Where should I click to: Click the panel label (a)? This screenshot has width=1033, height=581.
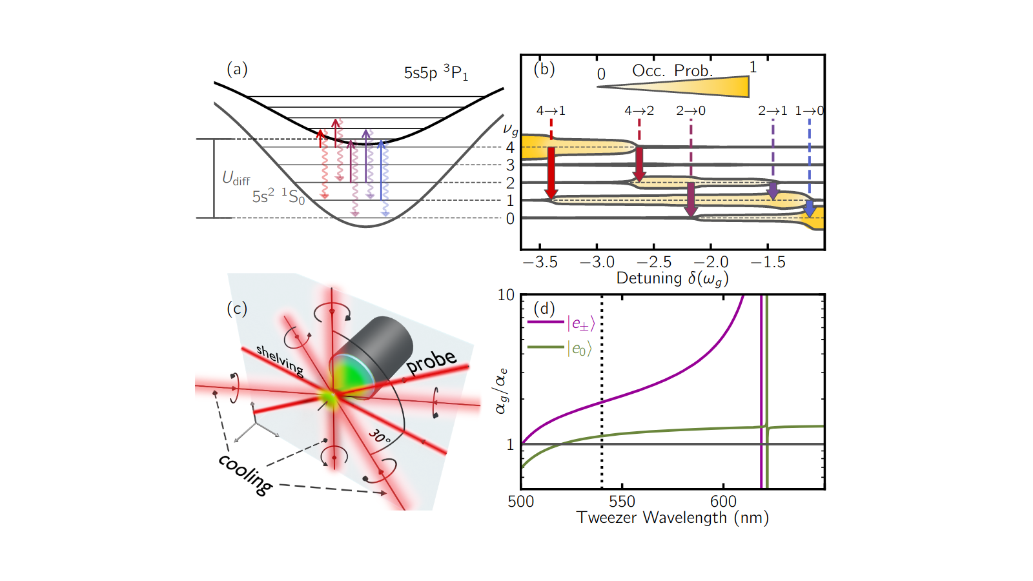pyautogui.click(x=237, y=69)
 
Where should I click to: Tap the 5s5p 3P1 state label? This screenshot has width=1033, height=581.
pyautogui.click(x=436, y=72)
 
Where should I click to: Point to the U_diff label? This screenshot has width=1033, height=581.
pyautogui.click(x=236, y=178)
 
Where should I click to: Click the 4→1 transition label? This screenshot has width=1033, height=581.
pyautogui.click(x=551, y=110)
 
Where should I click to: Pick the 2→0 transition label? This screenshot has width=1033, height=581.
pyautogui.click(x=690, y=110)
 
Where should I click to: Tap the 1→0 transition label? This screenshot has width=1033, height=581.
pyautogui.click(x=810, y=110)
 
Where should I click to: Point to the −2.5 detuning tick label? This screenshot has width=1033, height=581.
pyautogui.click(x=653, y=262)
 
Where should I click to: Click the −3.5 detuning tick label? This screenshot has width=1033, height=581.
pyautogui.click(x=540, y=262)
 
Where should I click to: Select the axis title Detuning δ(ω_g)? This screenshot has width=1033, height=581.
pyautogui.click(x=672, y=278)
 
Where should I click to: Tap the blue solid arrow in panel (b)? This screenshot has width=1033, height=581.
pyautogui.click(x=810, y=209)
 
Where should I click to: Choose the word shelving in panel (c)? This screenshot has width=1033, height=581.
pyautogui.click(x=280, y=360)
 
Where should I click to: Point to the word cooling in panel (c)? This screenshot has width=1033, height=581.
pyautogui.click(x=245, y=474)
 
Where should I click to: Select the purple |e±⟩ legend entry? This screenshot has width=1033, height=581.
pyautogui.click(x=561, y=323)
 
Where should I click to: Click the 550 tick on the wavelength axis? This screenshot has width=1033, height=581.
pyautogui.click(x=622, y=501)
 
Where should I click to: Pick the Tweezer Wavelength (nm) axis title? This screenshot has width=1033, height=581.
pyautogui.click(x=672, y=518)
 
